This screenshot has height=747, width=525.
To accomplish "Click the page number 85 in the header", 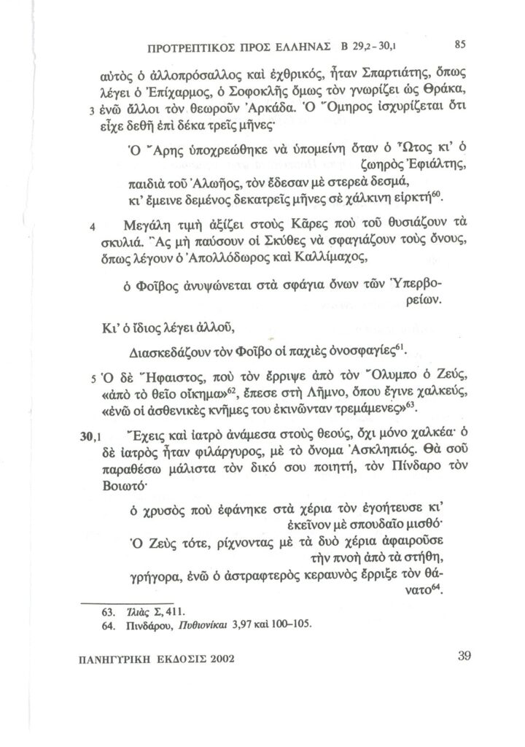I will pyautogui.click(x=460, y=43).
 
